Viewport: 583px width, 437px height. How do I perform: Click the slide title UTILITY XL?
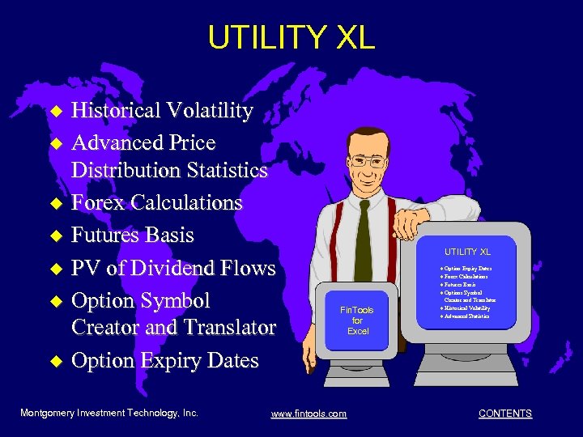(x=291, y=37)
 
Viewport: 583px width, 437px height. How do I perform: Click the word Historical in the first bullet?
(x=117, y=110)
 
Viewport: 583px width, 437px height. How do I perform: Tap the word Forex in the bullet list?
(x=98, y=202)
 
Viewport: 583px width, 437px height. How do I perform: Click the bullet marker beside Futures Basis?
(x=56, y=236)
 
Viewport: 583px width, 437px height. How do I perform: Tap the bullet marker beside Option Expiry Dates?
(x=56, y=362)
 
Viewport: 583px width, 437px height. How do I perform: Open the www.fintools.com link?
(x=309, y=414)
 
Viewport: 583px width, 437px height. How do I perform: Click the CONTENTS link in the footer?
(x=505, y=414)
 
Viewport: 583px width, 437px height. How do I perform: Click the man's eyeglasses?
(x=368, y=161)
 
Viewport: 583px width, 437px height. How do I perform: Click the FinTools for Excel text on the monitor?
(x=357, y=320)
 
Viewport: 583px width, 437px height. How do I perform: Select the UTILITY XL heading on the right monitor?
(x=466, y=252)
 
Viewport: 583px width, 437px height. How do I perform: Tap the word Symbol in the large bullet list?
(x=172, y=301)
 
